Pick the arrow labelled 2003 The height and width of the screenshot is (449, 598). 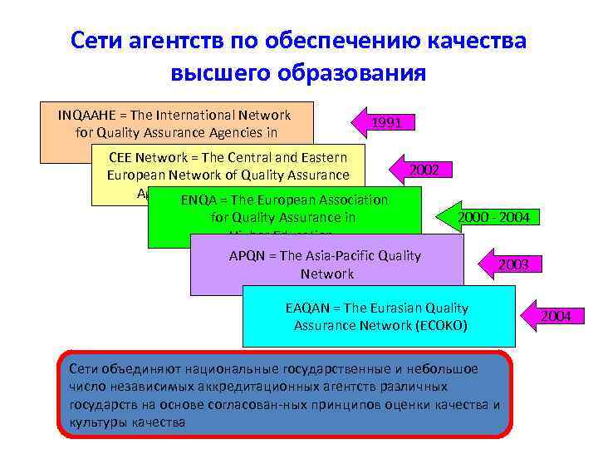(512, 264)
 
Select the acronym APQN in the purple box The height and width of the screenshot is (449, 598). (248, 256)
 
